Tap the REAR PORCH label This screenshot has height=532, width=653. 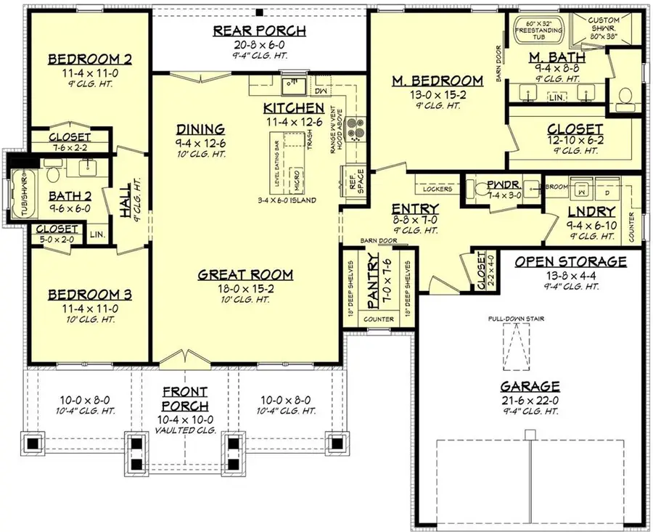[259, 30]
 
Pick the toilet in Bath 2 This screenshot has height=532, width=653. [52, 174]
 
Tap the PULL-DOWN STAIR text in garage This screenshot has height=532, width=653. [517, 318]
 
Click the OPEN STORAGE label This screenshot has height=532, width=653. [571, 261]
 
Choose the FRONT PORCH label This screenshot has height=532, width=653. [185, 399]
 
